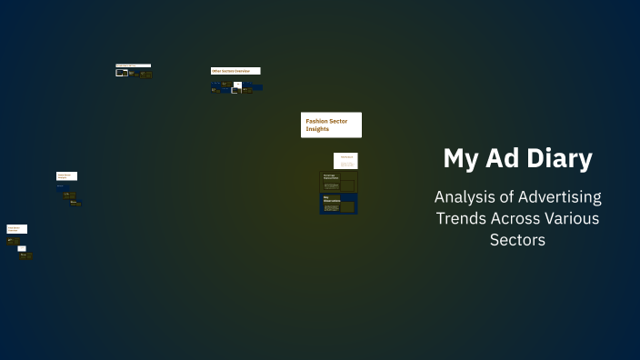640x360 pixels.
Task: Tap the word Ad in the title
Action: (x=509, y=159)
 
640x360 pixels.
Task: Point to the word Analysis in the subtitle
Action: (x=466, y=197)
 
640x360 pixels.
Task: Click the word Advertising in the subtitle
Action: (x=563, y=197)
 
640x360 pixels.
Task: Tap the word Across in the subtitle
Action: (x=519, y=218)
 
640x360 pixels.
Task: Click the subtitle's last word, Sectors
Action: (x=517, y=240)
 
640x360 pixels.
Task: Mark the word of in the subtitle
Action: (x=511, y=197)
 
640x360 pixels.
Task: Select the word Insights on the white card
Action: (x=317, y=129)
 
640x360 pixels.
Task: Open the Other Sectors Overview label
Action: (x=235, y=71)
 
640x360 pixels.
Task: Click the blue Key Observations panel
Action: (x=338, y=203)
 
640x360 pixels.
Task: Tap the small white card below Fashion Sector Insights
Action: (x=345, y=160)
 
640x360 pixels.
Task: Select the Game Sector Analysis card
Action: (x=66, y=175)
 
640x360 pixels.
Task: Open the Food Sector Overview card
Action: (x=17, y=229)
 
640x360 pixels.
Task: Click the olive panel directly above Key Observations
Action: (x=338, y=181)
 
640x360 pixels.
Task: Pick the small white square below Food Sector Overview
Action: (x=22, y=248)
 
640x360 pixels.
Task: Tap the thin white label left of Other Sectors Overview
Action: (x=133, y=65)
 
